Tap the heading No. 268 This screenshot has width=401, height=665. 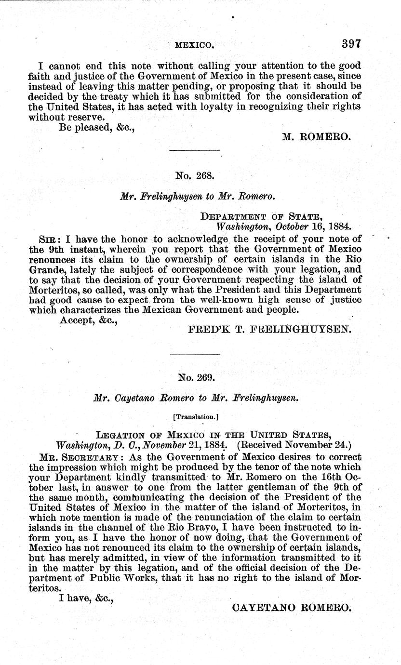[195, 176]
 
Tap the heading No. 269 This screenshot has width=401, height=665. [195, 377]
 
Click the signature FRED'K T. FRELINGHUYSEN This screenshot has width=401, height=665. [270, 330]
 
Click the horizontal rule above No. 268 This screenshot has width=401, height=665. [195, 151]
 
